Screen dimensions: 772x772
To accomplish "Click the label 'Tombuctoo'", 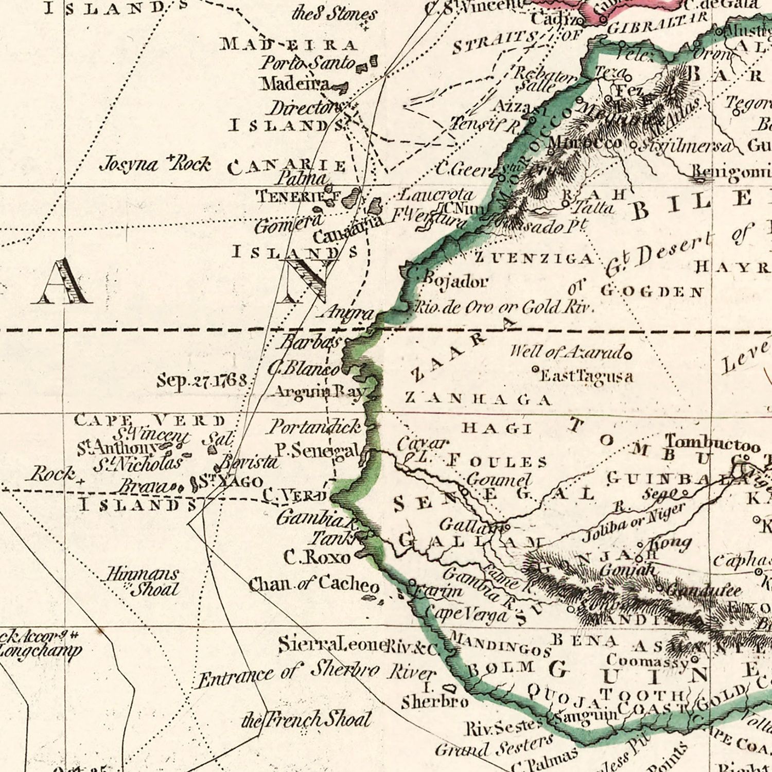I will pyautogui.click(x=712, y=443).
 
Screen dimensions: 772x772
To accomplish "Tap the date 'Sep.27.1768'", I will pyautogui.click(x=202, y=381).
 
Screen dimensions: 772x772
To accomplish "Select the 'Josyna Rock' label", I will pyautogui.click(x=154, y=164).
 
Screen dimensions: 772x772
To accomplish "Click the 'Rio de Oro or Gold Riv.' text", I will pyautogui.click(x=504, y=308).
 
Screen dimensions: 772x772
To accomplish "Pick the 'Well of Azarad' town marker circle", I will pyautogui.click(x=628, y=355).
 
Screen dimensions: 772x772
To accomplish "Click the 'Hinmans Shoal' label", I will pyautogui.click(x=143, y=581).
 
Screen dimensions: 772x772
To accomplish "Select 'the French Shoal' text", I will pyautogui.click(x=307, y=720).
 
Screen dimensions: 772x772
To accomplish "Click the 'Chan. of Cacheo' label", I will pyautogui.click(x=314, y=584).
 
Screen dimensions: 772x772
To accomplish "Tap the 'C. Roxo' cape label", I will pyautogui.click(x=317, y=557).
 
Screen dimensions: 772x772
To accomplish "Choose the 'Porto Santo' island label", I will pyautogui.click(x=308, y=63).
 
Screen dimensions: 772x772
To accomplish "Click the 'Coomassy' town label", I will pyautogui.click(x=647, y=660).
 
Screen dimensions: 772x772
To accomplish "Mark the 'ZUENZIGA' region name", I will pyautogui.click(x=534, y=258).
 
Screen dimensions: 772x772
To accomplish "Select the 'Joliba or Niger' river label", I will pyautogui.click(x=634, y=521).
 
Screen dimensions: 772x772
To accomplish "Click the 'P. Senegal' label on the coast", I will pyautogui.click(x=316, y=450).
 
